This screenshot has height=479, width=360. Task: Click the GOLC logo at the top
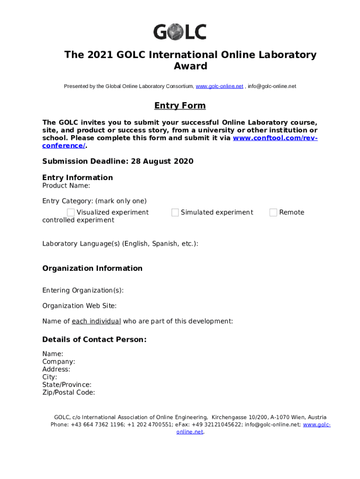point(180,32)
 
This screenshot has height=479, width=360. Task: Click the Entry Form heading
point(180,106)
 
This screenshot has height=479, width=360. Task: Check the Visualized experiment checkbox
point(71,212)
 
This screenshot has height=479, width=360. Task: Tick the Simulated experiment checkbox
point(175,212)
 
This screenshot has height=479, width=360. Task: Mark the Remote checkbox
point(274,212)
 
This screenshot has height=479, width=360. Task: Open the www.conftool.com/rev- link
point(275,138)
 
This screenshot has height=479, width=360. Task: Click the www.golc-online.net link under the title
point(219,87)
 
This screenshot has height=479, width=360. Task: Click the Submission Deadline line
point(117,161)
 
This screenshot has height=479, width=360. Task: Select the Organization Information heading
point(92,269)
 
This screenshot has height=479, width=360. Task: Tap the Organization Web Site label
point(79,306)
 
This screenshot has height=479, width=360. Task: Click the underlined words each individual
point(96,321)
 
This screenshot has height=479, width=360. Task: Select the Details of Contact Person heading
point(94,340)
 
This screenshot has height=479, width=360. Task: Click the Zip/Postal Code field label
point(69,392)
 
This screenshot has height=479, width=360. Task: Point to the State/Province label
point(67,385)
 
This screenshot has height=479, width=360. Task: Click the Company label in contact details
point(58,362)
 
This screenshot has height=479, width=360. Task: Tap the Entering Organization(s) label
point(83,290)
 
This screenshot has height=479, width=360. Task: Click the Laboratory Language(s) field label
point(120,244)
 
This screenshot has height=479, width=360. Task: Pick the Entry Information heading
point(77,178)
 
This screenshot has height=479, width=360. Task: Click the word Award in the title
point(190,66)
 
